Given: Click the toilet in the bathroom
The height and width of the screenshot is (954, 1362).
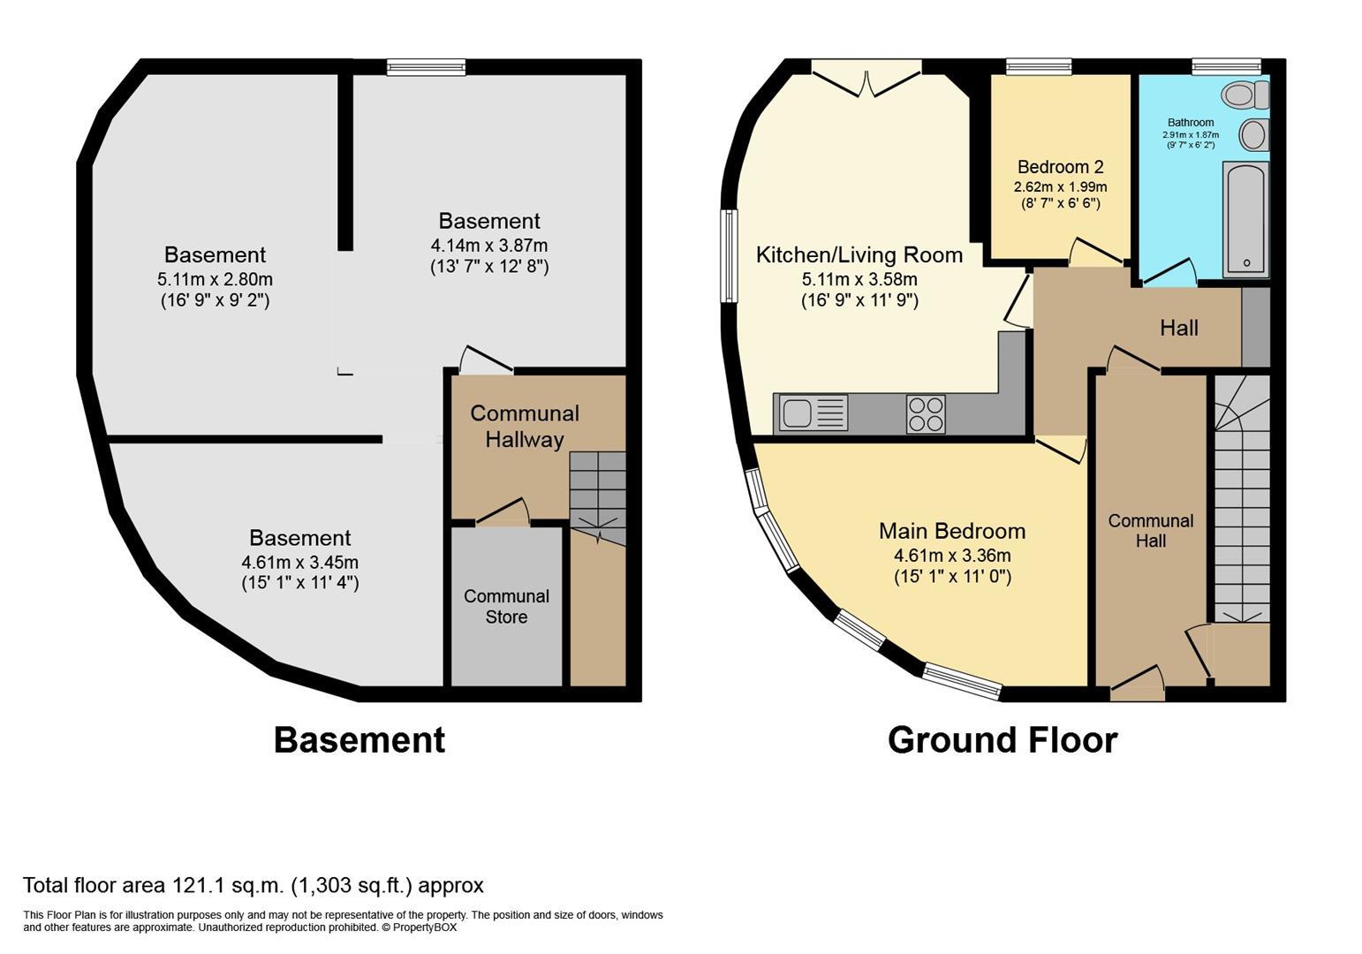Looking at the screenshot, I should [x=1244, y=94].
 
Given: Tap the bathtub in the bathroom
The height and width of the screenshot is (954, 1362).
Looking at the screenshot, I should [x=1245, y=219].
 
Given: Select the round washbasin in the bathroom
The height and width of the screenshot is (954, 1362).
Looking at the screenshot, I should [x=1252, y=135].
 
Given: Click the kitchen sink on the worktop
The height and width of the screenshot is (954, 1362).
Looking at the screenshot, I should [x=797, y=413].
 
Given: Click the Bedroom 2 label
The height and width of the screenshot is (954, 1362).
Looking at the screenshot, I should [x=1060, y=167].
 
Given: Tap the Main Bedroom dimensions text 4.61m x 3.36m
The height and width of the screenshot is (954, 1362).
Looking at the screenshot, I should [x=951, y=556].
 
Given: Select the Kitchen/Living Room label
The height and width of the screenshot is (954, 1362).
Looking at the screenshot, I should [x=859, y=255].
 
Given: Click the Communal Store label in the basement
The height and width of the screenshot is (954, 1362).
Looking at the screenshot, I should [x=506, y=607].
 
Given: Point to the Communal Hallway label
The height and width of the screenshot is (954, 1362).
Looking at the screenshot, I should [x=525, y=426].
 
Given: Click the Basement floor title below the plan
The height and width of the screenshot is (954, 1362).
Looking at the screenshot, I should [x=359, y=740].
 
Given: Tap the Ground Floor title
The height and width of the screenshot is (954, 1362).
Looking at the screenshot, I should [x=1002, y=740].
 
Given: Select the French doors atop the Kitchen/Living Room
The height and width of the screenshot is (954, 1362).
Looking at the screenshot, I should [x=866, y=78].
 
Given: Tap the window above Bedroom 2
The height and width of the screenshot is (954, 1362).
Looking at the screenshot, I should [x=1039, y=66].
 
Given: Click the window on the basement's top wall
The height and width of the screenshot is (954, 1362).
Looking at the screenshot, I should [x=426, y=67].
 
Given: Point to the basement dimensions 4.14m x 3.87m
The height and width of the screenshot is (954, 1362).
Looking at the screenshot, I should [x=488, y=245].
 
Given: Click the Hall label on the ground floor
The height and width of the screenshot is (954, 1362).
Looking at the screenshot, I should [x=1178, y=329].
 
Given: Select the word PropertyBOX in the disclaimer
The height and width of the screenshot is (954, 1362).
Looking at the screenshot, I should [x=425, y=927].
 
